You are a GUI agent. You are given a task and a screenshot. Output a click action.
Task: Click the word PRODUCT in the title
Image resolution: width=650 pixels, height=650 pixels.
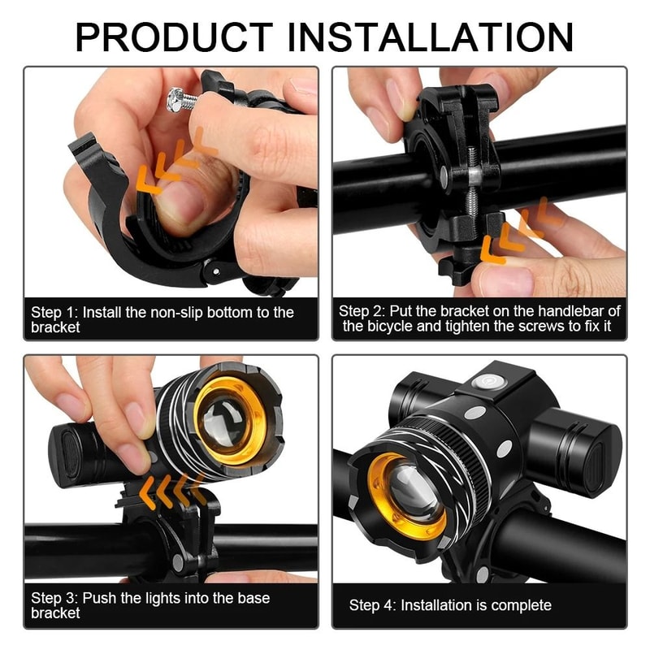tap(174, 37)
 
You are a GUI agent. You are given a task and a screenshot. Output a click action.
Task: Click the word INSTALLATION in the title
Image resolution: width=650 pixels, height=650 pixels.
tap(431, 37)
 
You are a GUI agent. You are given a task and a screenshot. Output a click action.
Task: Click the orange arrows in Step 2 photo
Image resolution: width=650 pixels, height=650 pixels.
tap(521, 235)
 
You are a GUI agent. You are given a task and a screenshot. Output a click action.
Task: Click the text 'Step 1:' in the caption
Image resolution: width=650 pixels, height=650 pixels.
tap(54, 313)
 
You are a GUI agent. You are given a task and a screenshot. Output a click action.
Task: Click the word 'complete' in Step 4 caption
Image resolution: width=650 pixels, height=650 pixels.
tap(520, 605)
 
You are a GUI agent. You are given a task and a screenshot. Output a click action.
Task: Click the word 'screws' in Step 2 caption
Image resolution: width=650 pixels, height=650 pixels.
tap(520, 327)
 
